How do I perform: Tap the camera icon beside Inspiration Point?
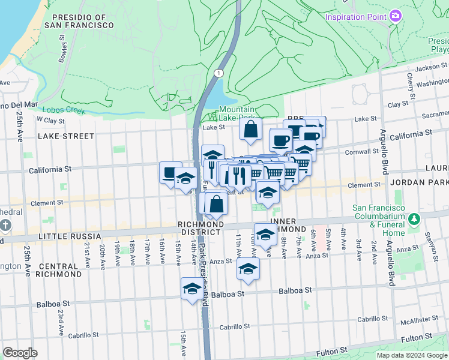pyautogui.click(x=395, y=15)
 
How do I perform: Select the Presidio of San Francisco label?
pyautogui.click(x=83, y=22)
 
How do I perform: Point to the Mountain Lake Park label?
pyautogui.click(x=237, y=113)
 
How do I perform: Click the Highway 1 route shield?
pyautogui.click(x=217, y=73)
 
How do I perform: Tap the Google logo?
pyautogui.click(x=20, y=353)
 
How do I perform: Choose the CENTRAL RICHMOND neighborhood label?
pyautogui.click(x=59, y=269)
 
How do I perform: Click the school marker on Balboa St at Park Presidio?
pyautogui.click(x=193, y=289)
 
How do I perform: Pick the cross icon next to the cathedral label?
pyautogui.click(x=5, y=226)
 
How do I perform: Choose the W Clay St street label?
pyautogui.click(x=50, y=120)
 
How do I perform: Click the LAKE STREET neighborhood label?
pyautogui.click(x=66, y=136)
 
